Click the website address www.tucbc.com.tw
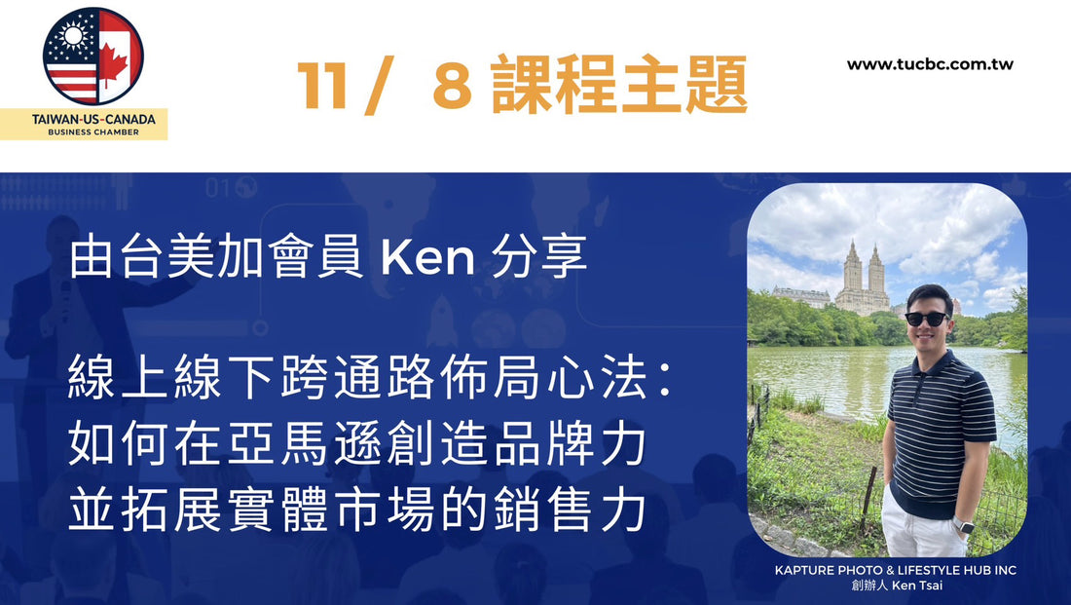point(930,65)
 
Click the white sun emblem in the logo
point(71,34)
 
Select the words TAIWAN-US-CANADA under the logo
point(93,119)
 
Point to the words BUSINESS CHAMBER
point(93,132)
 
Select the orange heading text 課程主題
point(619,85)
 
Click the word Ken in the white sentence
point(427,258)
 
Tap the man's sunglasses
point(926,319)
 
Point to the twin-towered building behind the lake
point(862,278)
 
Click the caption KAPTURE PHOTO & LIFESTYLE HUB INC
point(896,570)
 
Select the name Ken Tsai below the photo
point(917,586)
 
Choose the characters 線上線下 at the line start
point(173,379)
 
